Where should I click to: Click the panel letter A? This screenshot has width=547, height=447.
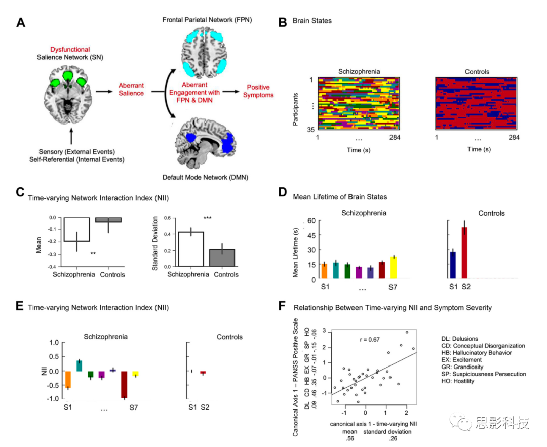pyautogui.click(x=21, y=23)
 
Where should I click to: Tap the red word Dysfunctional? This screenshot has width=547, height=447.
pyautogui.click(x=70, y=49)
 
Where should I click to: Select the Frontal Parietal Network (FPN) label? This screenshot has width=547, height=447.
pyautogui.click(x=207, y=20)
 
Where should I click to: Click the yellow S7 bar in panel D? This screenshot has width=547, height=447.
pyautogui.click(x=394, y=267)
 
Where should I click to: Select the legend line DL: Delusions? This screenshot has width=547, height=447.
pyautogui.click(x=462, y=339)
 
